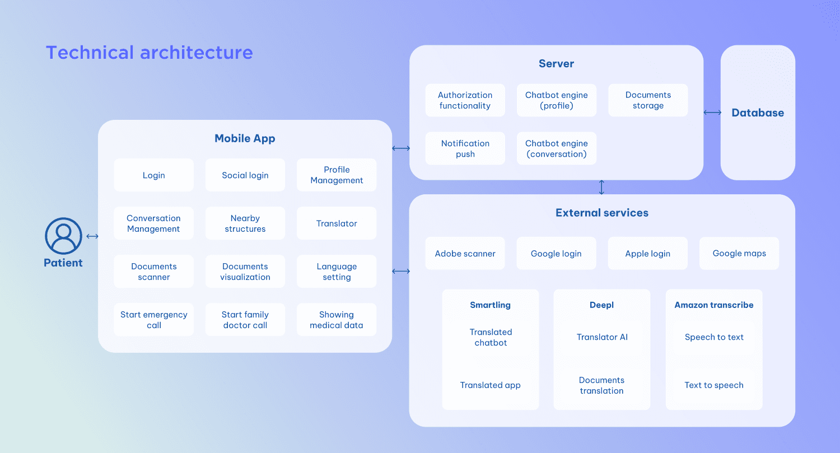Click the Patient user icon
click(x=63, y=236)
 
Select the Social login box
click(x=245, y=175)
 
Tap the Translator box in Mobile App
click(x=337, y=223)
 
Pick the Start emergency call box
click(x=154, y=320)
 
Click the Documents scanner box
click(x=154, y=272)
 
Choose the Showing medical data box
click(x=337, y=320)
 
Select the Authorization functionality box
click(x=465, y=100)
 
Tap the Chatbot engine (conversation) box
click(x=557, y=148)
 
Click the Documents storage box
click(x=648, y=100)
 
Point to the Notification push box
click(x=465, y=148)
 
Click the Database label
click(x=758, y=113)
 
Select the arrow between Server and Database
click(x=712, y=113)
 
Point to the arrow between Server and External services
click(x=602, y=187)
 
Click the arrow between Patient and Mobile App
click(x=92, y=236)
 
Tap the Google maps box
click(x=739, y=253)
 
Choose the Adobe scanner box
click(x=465, y=253)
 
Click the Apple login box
click(x=648, y=253)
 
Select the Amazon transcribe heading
click(x=714, y=305)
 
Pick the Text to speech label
click(x=714, y=385)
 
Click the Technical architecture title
click(x=150, y=53)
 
